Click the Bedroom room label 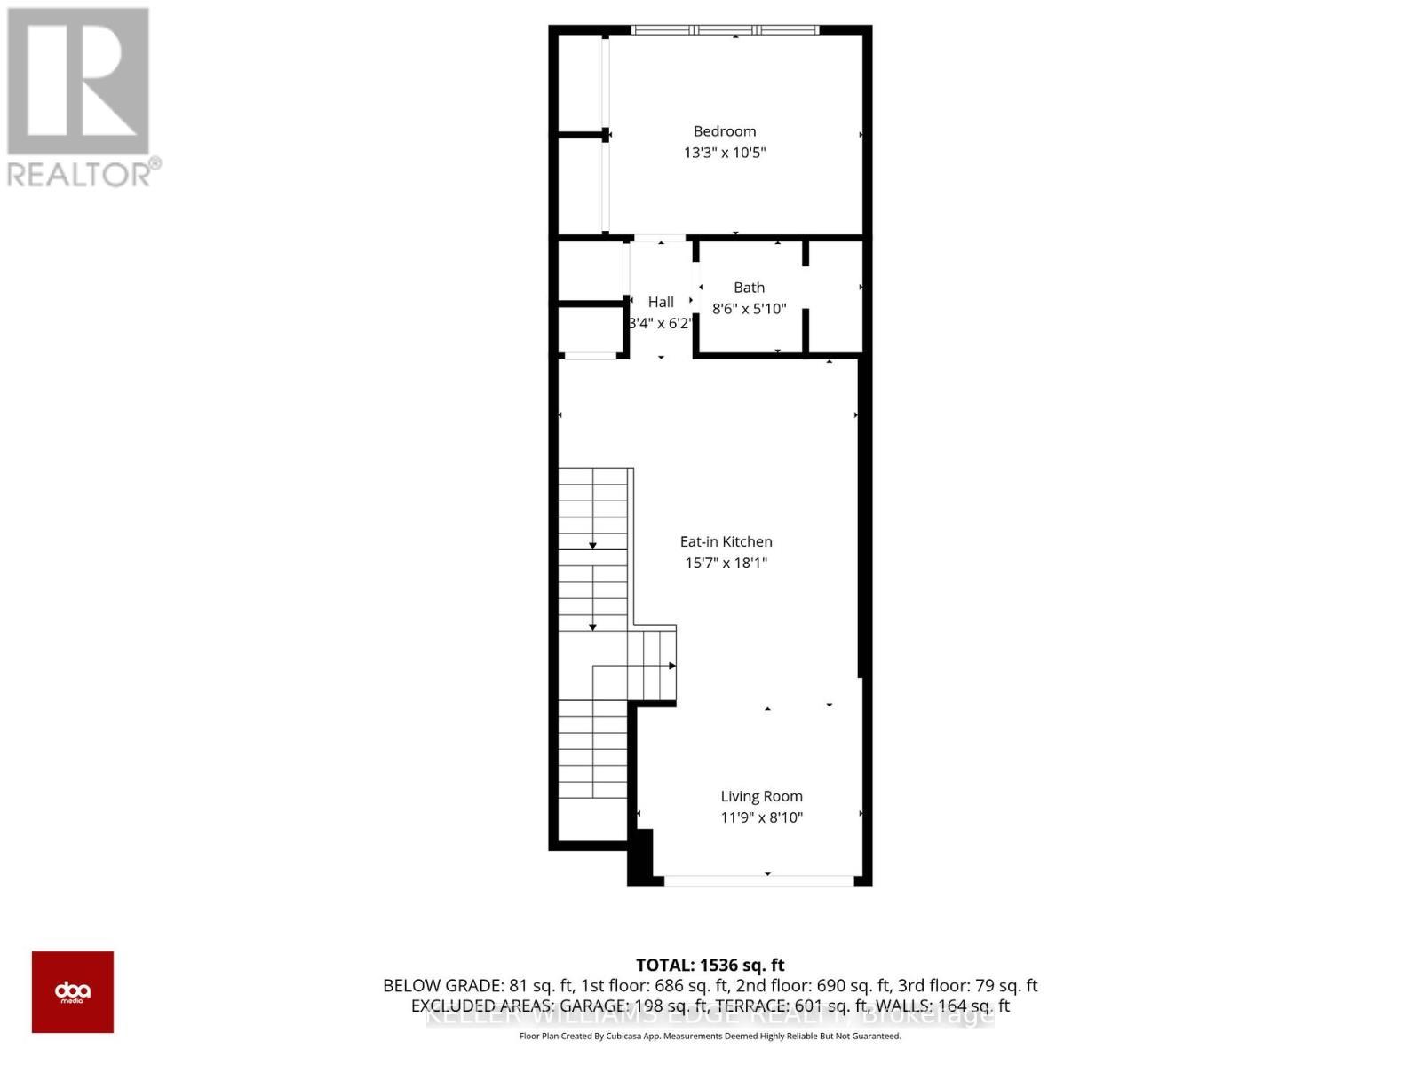coord(725,131)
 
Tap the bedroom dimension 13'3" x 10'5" coord(725,153)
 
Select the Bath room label coord(749,288)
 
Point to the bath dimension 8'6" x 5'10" coord(749,309)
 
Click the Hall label coord(660,302)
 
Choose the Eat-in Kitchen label coord(726,541)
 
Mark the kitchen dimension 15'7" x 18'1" coord(726,563)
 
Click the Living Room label coord(761,797)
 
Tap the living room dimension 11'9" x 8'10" coord(761,817)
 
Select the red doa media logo coord(73,991)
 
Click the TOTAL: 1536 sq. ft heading coord(710,965)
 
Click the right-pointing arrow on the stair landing coord(672,666)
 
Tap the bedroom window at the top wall coord(725,30)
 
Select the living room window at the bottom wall coord(759,880)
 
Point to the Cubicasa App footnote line coord(710,1036)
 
